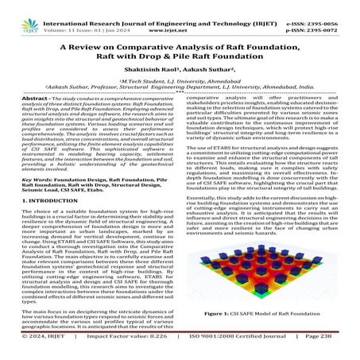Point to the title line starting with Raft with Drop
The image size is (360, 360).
tap(180, 50)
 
